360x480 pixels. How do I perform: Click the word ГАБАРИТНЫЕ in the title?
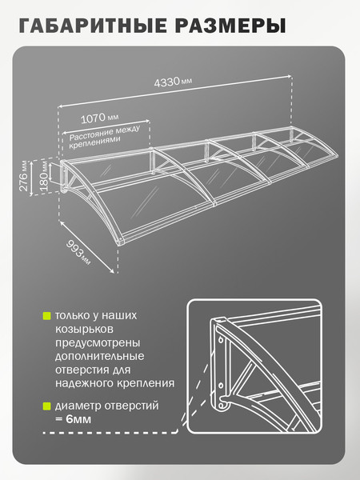click(93, 26)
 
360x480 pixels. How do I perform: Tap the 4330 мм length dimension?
click(173, 82)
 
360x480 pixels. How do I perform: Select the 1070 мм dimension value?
click(99, 118)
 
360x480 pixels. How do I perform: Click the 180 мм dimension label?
click(45, 177)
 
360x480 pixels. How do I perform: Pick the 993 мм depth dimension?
click(78, 253)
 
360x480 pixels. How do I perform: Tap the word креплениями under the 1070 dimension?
click(94, 142)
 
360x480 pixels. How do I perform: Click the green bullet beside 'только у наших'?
click(46, 316)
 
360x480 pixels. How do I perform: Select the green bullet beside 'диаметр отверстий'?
click(46, 406)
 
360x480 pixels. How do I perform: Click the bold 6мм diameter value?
click(78, 419)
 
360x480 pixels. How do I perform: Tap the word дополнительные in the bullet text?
click(99, 357)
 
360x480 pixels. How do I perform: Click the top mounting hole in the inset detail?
click(221, 339)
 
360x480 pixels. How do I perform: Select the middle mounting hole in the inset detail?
click(221, 385)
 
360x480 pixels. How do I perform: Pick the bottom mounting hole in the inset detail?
click(222, 406)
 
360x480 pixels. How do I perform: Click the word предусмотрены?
click(98, 343)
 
